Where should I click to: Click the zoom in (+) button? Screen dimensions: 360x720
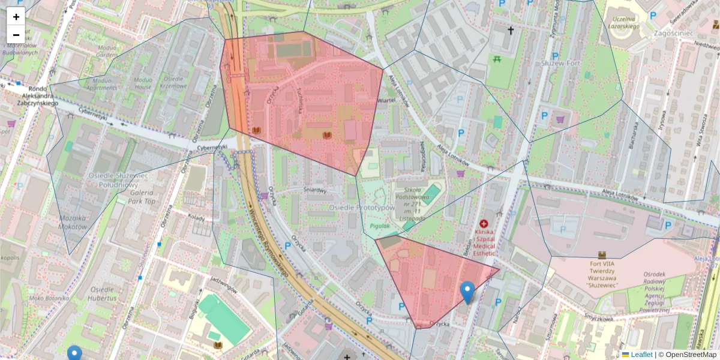(16, 17)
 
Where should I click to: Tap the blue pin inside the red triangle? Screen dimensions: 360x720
(467, 292)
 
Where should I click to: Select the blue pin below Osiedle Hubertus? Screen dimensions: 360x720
(74, 353)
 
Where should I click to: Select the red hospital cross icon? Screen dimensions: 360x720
(484, 223)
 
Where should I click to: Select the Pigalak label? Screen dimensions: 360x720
(380, 226)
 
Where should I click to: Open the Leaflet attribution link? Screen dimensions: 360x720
(641, 355)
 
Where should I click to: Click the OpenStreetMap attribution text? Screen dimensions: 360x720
(690, 355)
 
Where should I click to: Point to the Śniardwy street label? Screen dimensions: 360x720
(314, 191)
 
